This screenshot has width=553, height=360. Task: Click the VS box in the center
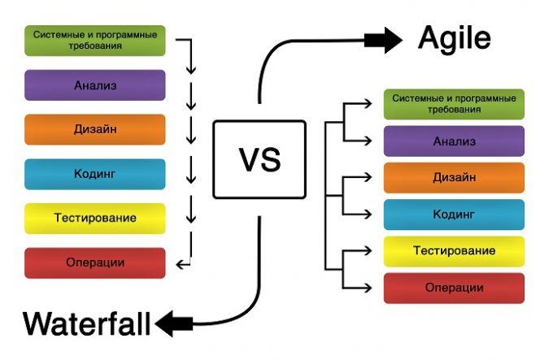coord(259,159)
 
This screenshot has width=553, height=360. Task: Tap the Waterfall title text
coord(87,323)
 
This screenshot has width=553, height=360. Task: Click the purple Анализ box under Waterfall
coord(95,85)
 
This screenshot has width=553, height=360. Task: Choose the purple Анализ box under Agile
coord(454,141)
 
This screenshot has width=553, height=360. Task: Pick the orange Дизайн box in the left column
coord(95,130)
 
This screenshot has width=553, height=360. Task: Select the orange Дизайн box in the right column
coord(454,178)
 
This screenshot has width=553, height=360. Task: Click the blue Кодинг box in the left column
coord(95,175)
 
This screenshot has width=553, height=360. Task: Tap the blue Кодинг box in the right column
coord(454,215)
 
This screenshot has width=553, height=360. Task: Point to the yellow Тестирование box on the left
coord(95,219)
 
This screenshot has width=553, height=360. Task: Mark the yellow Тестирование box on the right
coord(454,251)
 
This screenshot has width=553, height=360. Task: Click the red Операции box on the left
coord(95,263)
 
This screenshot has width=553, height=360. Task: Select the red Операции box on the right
coord(454,288)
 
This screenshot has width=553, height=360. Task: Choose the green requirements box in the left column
coord(95,41)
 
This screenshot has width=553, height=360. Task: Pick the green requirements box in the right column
coord(454,104)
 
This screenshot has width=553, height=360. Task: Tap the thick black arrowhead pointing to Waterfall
coord(165,323)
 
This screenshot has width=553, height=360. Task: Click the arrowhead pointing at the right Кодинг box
coord(368,214)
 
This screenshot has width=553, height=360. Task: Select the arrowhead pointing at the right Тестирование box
coord(368,250)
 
